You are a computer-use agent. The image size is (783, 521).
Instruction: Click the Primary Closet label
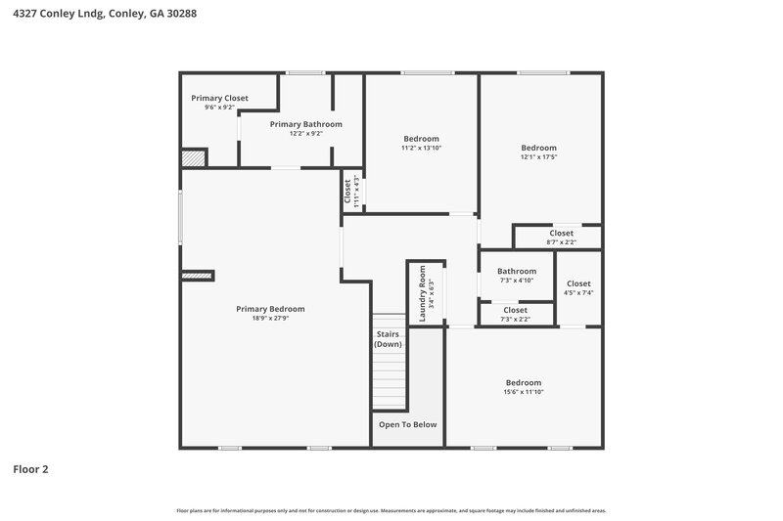[x=219, y=98]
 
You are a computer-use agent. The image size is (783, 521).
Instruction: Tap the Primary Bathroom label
[x=305, y=124]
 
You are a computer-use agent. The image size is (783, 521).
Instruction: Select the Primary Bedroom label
[x=270, y=309]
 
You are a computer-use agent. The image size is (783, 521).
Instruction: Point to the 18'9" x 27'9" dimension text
[x=270, y=318]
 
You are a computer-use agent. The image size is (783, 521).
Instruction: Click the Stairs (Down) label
[x=388, y=338]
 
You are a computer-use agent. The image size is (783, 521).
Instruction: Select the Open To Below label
[x=408, y=424]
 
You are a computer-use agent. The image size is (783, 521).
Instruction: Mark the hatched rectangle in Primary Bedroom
[x=197, y=277]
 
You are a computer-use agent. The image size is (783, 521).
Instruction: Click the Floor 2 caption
[x=30, y=469]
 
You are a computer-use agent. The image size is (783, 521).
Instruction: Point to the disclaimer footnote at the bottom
[x=391, y=510]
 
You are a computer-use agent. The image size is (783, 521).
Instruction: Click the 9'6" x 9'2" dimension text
[x=219, y=108]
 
